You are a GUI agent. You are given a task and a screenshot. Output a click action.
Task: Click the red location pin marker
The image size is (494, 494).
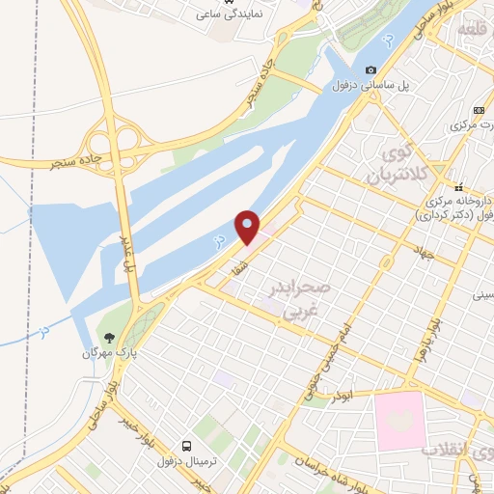click(x=248, y=227)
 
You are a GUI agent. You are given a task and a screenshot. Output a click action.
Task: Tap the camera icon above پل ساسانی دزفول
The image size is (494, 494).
click(x=370, y=69)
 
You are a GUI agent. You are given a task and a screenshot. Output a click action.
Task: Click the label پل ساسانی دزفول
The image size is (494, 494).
click(x=371, y=85)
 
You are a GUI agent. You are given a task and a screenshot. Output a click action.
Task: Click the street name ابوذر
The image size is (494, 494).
click(x=344, y=397)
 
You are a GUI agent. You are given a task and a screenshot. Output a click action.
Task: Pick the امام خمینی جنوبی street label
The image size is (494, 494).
click(x=319, y=362)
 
